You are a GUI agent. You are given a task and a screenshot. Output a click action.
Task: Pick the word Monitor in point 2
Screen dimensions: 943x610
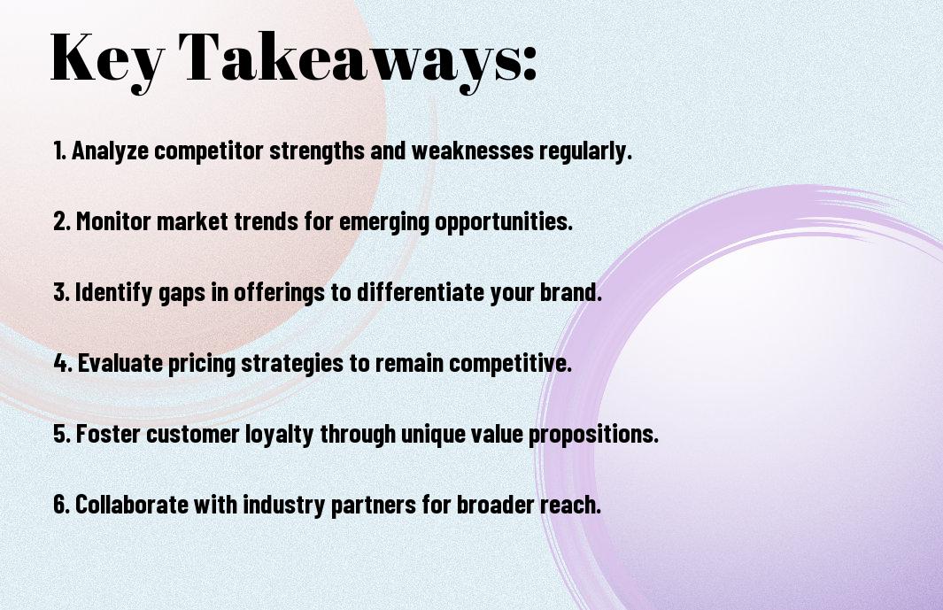[x=113, y=221]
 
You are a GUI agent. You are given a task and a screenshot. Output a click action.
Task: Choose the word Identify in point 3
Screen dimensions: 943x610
[x=113, y=292]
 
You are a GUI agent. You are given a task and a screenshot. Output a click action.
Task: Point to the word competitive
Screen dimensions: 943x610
[x=510, y=363]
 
